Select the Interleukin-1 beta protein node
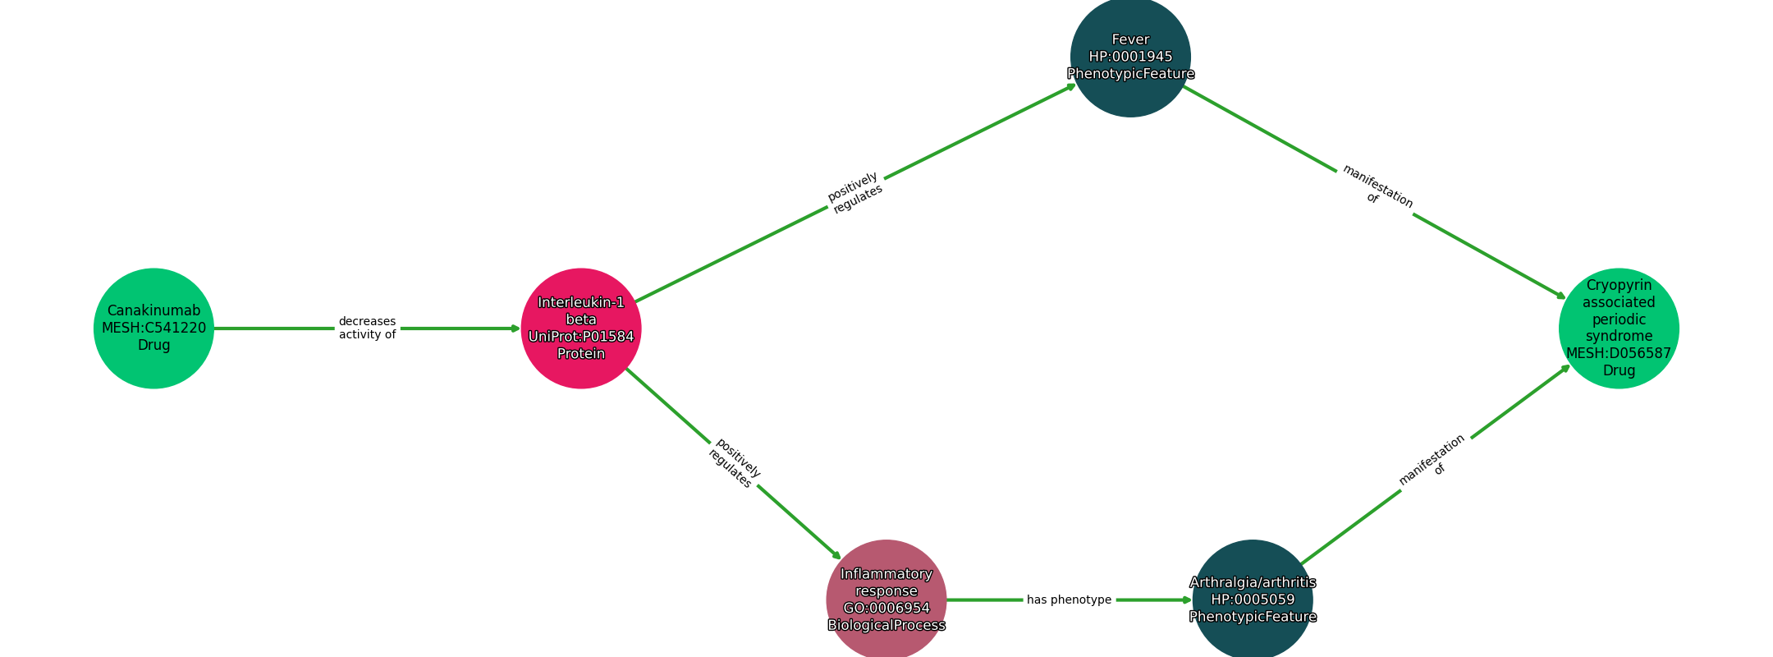[x=581, y=328]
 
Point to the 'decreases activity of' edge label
[x=367, y=328]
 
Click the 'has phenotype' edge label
[x=1069, y=600]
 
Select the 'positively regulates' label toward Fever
[x=855, y=193]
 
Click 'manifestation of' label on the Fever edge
[x=1376, y=187]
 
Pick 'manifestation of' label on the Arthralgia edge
[x=1433, y=462]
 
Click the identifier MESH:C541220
[x=153, y=328]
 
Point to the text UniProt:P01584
[x=581, y=337]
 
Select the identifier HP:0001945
[x=1130, y=57]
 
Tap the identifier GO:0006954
[x=886, y=609]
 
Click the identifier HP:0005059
[x=1253, y=600]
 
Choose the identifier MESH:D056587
[x=1619, y=353]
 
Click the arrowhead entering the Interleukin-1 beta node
[x=515, y=328]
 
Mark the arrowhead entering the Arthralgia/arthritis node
[x=1187, y=600]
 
